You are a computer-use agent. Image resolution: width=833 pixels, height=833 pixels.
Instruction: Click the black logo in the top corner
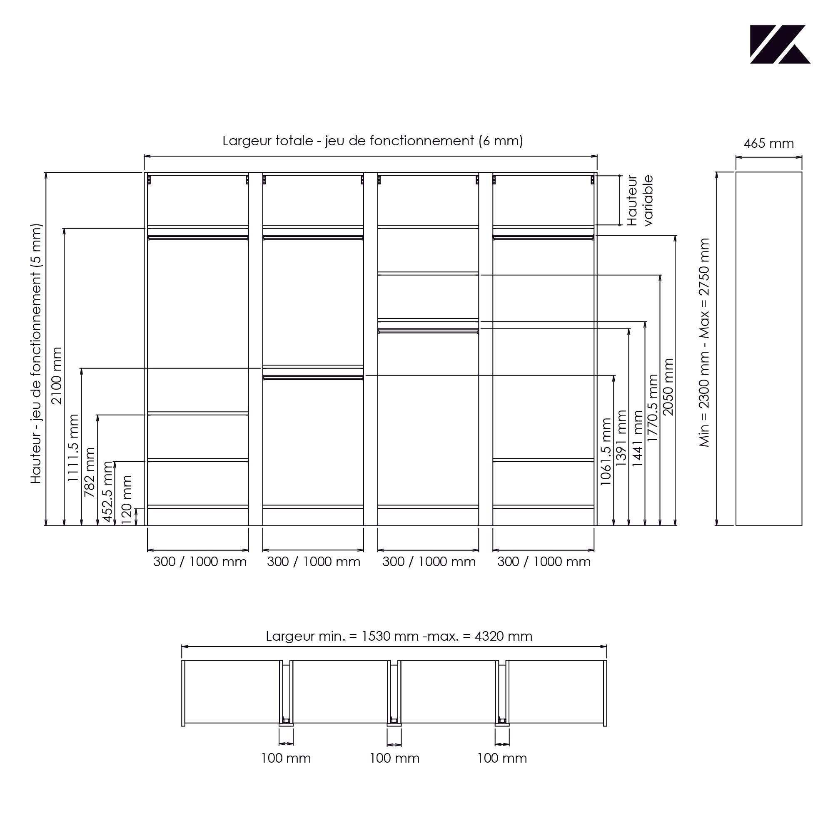click(x=780, y=45)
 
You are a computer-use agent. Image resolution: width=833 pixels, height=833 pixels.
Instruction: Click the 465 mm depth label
click(x=769, y=144)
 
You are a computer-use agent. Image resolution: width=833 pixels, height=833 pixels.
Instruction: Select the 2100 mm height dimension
click(x=57, y=375)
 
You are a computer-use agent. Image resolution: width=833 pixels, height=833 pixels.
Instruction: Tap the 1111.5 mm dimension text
click(x=73, y=448)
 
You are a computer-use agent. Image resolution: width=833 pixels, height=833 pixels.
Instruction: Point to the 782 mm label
click(x=89, y=472)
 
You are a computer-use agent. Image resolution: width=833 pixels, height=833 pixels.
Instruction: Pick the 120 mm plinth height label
click(x=126, y=500)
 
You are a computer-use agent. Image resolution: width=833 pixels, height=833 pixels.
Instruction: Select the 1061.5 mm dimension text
click(x=606, y=451)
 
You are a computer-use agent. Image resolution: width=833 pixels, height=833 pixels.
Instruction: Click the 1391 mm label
click(x=621, y=438)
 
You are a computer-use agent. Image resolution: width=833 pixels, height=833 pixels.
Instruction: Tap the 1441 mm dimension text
click(x=638, y=438)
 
